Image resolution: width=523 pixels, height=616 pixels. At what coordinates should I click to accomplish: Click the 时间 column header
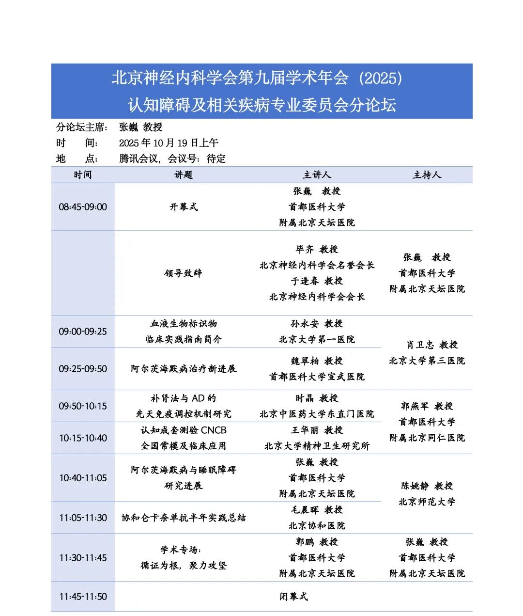[x=83, y=175]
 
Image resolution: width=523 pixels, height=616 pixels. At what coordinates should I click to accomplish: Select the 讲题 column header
[x=184, y=175]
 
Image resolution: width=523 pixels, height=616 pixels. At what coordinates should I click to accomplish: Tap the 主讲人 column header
[x=317, y=175]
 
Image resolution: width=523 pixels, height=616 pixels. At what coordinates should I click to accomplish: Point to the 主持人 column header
[x=427, y=175]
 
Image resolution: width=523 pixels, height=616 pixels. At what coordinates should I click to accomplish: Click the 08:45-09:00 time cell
[x=83, y=207]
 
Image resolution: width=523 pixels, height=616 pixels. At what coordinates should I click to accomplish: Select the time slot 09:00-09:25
[x=83, y=332]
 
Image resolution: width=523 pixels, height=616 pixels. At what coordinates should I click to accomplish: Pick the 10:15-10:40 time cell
[x=83, y=438]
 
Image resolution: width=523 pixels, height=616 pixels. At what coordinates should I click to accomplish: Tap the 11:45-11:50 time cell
[x=83, y=597]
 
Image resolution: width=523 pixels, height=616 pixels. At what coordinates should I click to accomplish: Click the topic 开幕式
[x=184, y=207]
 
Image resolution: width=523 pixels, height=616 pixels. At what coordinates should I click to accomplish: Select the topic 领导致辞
[x=184, y=273]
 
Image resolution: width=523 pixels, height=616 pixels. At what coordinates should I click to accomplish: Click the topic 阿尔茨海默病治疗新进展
[x=184, y=369]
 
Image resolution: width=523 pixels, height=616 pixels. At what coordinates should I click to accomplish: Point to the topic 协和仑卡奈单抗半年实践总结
[x=184, y=518]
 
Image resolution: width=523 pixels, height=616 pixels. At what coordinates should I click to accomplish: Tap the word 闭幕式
[x=293, y=597]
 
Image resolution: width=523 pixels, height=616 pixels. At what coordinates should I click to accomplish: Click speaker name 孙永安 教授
[x=317, y=324]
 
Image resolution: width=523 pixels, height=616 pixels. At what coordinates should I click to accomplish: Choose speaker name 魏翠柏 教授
[x=317, y=361]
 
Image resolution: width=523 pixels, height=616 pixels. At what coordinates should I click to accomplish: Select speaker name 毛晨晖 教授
[x=317, y=510]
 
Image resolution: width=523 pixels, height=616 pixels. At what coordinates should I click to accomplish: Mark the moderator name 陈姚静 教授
[x=427, y=486]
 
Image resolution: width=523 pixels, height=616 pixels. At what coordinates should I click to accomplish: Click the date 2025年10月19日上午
[x=169, y=143]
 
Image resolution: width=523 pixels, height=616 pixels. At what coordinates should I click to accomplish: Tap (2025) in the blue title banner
[x=381, y=78]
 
